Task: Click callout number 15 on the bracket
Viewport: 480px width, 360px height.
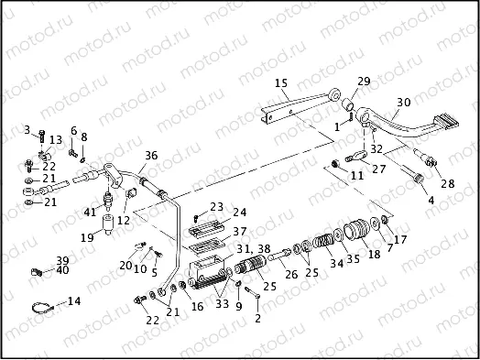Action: (x=281, y=82)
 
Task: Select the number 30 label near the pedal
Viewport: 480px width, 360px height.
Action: (x=404, y=102)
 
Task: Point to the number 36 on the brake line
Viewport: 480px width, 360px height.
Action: (x=151, y=155)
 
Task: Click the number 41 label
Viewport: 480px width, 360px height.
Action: (x=89, y=213)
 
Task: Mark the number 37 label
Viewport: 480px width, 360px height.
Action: (x=239, y=231)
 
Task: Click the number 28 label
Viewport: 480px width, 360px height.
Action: (x=448, y=184)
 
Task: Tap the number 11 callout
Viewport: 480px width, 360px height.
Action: (x=357, y=173)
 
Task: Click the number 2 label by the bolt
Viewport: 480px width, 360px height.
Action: (x=257, y=319)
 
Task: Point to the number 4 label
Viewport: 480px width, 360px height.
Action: (x=431, y=199)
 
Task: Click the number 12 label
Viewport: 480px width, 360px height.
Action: (x=124, y=221)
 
